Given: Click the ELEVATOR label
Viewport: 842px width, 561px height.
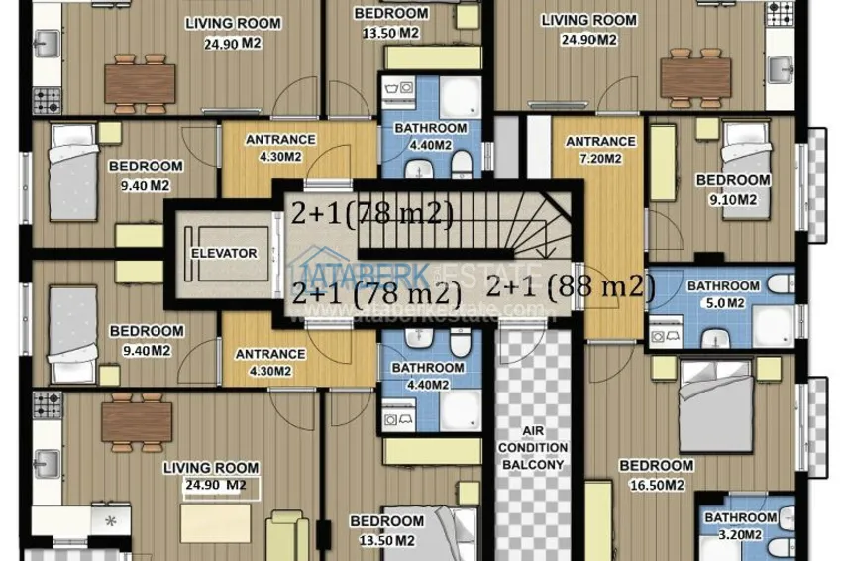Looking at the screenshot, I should tap(224, 254).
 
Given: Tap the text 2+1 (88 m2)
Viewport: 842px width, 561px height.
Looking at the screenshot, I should tap(572, 286).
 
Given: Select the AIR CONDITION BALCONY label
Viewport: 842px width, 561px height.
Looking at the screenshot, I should tap(543, 448).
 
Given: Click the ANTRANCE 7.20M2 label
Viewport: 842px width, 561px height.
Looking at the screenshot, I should tap(600, 150).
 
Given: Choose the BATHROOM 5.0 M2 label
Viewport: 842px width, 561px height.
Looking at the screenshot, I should tap(723, 294).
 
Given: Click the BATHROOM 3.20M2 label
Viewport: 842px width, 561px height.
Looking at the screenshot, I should tap(740, 526).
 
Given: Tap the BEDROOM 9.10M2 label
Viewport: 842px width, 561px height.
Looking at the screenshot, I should tap(732, 188).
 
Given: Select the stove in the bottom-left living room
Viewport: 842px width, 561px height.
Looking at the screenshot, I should tap(47, 404).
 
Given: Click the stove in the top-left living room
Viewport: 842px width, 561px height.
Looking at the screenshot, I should tap(47, 98).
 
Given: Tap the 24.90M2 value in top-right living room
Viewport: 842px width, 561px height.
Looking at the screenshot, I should tap(588, 40).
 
